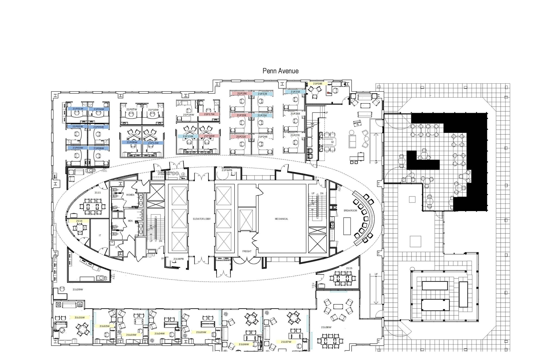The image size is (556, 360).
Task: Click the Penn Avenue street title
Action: (280, 71)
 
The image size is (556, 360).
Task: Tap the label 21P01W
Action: (78, 109)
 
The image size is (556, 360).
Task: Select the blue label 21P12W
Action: (153, 143)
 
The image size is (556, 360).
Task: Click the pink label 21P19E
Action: (242, 93)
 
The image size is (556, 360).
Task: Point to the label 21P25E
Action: (295, 92)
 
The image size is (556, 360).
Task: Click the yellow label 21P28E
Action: (317, 84)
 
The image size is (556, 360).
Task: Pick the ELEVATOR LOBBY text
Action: (202, 219)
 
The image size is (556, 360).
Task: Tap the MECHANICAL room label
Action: (281, 219)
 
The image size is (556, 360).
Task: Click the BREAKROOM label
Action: (350, 211)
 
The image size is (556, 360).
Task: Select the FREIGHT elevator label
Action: (247, 251)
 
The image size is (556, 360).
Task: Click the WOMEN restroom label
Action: (130, 195)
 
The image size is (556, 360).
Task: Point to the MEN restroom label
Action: (130, 221)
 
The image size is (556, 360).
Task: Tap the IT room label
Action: (100, 235)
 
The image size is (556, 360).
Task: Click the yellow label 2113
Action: (79, 221)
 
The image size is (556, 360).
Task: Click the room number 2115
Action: (349, 268)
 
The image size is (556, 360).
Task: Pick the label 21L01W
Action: (80, 317)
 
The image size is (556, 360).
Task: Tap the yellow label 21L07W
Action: (286, 342)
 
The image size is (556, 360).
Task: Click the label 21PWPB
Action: (227, 170)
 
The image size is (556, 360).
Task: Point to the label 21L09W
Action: (78, 289)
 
